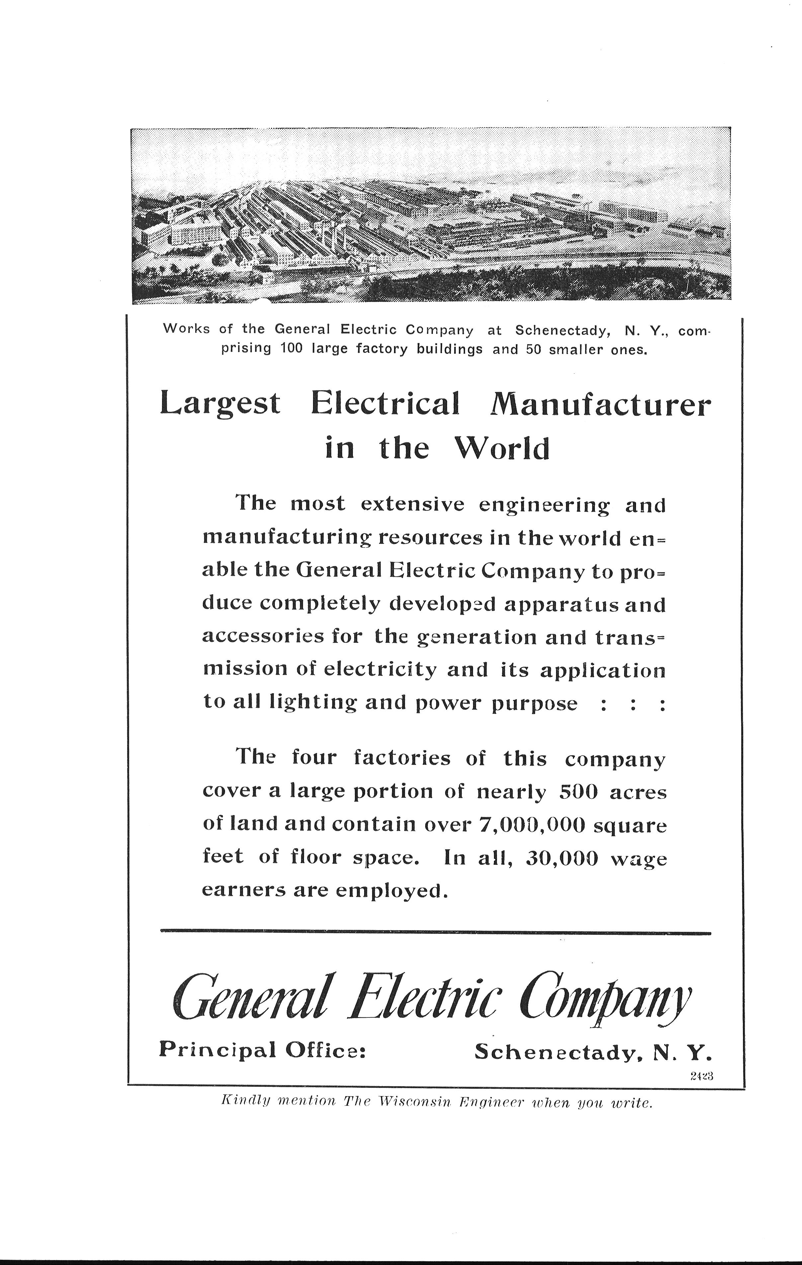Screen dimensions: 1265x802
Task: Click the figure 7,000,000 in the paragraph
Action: coord(532,825)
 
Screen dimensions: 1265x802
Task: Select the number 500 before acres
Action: coord(579,792)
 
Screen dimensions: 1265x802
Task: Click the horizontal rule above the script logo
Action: coord(435,933)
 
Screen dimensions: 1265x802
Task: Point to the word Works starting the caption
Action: coord(187,329)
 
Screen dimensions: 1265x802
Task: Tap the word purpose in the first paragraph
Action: coord(534,704)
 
